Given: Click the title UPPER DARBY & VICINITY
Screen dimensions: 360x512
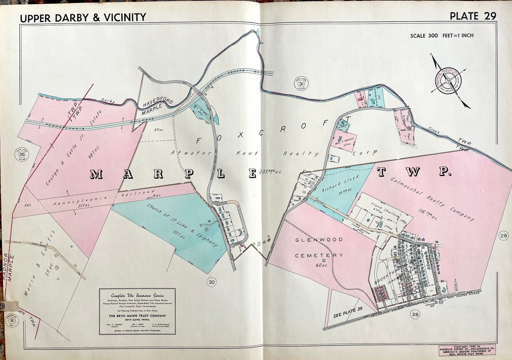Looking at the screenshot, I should pos(83,18).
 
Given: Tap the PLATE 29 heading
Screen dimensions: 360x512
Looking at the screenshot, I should pos(472,16).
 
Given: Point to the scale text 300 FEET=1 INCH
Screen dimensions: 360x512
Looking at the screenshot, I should pos(442,36).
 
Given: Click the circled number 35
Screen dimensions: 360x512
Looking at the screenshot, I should pos(21,154).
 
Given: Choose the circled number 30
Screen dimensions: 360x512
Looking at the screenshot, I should pos(212,282).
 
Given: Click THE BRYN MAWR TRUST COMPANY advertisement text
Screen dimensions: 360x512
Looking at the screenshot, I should pos(137,315).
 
